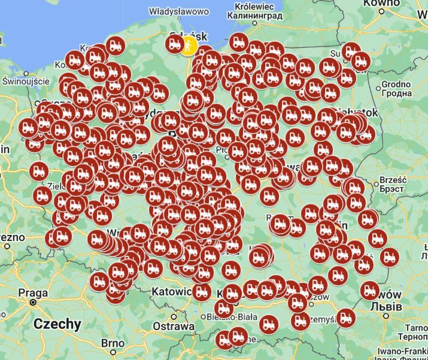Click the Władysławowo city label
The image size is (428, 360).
pyautogui.click(x=178, y=11)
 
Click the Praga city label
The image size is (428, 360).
pyautogui.click(x=29, y=293)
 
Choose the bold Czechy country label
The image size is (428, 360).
pyautogui.click(x=57, y=324)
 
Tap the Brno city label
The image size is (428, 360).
pyautogui.click(x=113, y=343)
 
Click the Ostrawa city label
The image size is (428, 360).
pyautogui.click(x=174, y=327)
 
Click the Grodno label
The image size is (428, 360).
pyautogui.click(x=397, y=84)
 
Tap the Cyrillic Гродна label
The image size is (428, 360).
pyautogui.click(x=397, y=93)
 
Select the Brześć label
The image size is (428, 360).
pyautogui.click(x=393, y=180)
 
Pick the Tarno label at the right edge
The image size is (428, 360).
pyautogui.click(x=415, y=328)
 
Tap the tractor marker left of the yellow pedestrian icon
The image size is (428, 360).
pyautogui.click(x=175, y=43)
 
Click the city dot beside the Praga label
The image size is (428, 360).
pyautogui.click(x=33, y=303)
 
